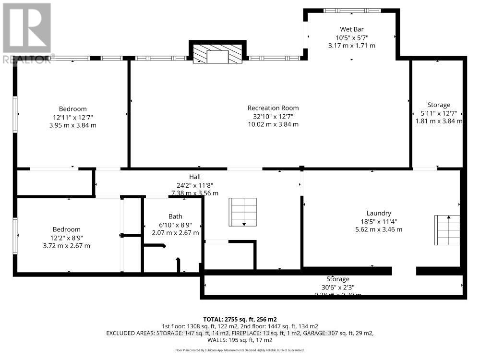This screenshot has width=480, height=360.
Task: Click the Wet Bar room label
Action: (x=352, y=28)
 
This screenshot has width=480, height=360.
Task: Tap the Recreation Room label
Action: (x=273, y=108)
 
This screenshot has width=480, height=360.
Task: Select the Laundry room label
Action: (x=379, y=213)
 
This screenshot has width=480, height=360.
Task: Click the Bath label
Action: (x=175, y=216)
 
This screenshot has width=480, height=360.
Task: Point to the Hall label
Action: (x=194, y=177)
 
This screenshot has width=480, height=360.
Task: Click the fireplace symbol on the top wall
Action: (x=217, y=53)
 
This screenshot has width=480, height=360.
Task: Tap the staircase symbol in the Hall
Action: (x=243, y=212)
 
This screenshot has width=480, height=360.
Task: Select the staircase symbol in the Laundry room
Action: (x=447, y=230)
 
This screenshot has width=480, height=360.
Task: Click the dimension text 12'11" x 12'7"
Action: (x=73, y=117)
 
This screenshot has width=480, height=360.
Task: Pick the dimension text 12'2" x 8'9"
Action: (x=67, y=238)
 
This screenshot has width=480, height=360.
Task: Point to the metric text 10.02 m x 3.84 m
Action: (x=273, y=124)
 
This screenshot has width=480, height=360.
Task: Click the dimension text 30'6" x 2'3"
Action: (x=338, y=287)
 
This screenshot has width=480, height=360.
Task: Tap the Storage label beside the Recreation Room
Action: (x=439, y=105)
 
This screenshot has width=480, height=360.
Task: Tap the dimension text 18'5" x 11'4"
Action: (x=379, y=221)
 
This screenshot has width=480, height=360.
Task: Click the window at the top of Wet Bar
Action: (x=352, y=11)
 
